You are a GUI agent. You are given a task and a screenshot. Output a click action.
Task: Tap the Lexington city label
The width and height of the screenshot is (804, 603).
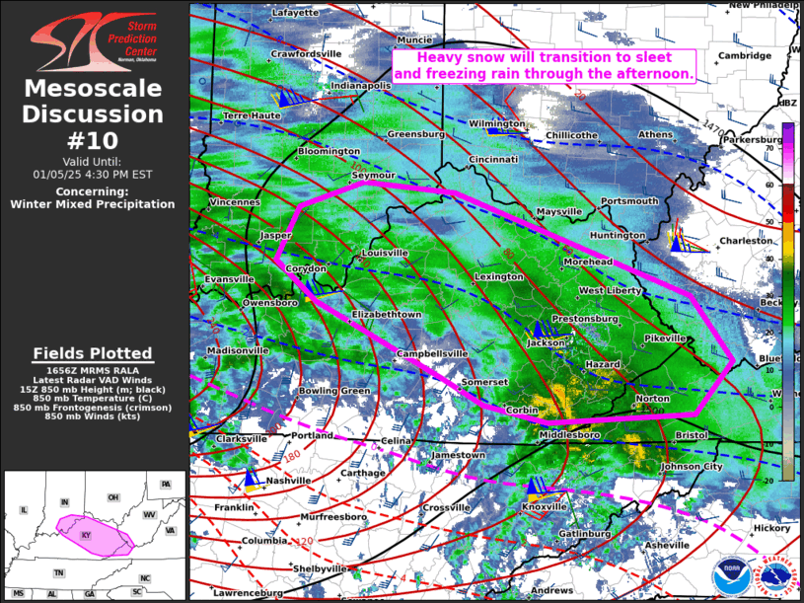499,277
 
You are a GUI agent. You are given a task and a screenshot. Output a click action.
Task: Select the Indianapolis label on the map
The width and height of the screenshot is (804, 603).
360,86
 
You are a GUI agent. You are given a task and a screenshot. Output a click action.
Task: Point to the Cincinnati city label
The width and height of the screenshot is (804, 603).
493,159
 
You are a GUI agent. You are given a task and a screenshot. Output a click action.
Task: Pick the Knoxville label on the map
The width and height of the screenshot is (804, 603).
544,506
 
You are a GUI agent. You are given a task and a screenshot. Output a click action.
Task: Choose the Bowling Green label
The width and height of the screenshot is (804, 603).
334,392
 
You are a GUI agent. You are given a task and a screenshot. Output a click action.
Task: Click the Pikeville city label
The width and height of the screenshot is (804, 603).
664,339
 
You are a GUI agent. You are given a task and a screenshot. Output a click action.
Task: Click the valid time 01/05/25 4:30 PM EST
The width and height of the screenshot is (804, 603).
93,174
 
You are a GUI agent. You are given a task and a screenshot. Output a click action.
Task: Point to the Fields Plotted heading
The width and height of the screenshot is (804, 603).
93,353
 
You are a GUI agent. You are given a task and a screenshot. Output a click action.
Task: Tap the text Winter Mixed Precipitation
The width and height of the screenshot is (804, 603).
93,204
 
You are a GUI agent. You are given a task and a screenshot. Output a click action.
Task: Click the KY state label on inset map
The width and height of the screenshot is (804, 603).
85,534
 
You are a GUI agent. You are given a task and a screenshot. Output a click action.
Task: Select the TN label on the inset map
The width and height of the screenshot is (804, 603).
59,573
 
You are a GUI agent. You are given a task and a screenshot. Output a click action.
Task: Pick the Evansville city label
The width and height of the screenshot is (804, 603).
229,280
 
